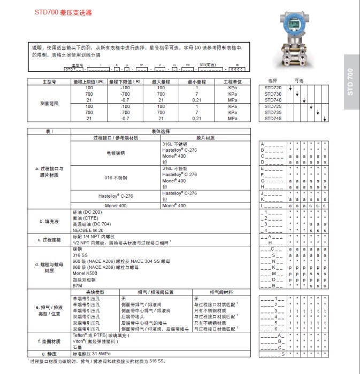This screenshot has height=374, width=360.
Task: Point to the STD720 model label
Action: tap(272, 87)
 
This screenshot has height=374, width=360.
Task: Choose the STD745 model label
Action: tap(272, 119)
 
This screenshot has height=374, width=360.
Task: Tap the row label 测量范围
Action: tap(49, 103)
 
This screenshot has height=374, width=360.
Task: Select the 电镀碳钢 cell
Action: tap(116, 153)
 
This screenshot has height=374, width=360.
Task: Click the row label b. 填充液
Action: tap(49, 221)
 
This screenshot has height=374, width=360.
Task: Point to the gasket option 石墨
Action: tap(76, 347)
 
